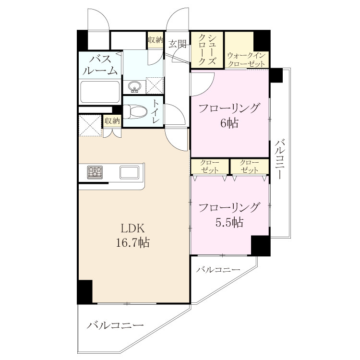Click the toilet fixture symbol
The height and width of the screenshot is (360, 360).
(135, 112)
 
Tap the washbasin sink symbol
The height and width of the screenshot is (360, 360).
(134, 87)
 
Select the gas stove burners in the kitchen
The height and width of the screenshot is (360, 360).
(95, 172)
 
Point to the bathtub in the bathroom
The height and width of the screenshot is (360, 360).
(100, 92)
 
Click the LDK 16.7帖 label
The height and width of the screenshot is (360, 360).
(132, 236)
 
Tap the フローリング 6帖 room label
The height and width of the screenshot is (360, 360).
(229, 116)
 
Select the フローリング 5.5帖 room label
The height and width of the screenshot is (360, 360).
(229, 215)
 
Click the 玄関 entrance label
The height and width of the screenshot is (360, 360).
(177, 44)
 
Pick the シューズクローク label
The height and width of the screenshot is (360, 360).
(207, 50)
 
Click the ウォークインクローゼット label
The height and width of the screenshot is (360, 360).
(247, 60)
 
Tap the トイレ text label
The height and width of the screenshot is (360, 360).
(156, 111)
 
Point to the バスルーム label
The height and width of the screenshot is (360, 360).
(100, 65)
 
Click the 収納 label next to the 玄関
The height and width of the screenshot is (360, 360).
(156, 40)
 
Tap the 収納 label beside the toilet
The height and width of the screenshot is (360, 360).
(112, 121)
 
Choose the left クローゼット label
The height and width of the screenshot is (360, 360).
(209, 167)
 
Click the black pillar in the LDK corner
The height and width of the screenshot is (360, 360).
(85, 291)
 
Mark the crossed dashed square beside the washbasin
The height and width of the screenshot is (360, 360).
(155, 85)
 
